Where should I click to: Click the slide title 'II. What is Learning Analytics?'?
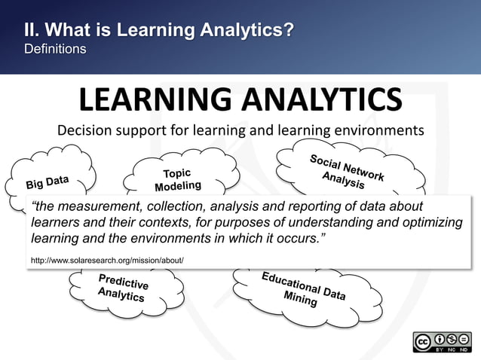tap(158, 31)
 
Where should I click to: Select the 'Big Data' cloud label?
tap(48, 182)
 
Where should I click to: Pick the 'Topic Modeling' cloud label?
tap(178, 179)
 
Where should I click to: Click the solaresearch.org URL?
tap(107, 261)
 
